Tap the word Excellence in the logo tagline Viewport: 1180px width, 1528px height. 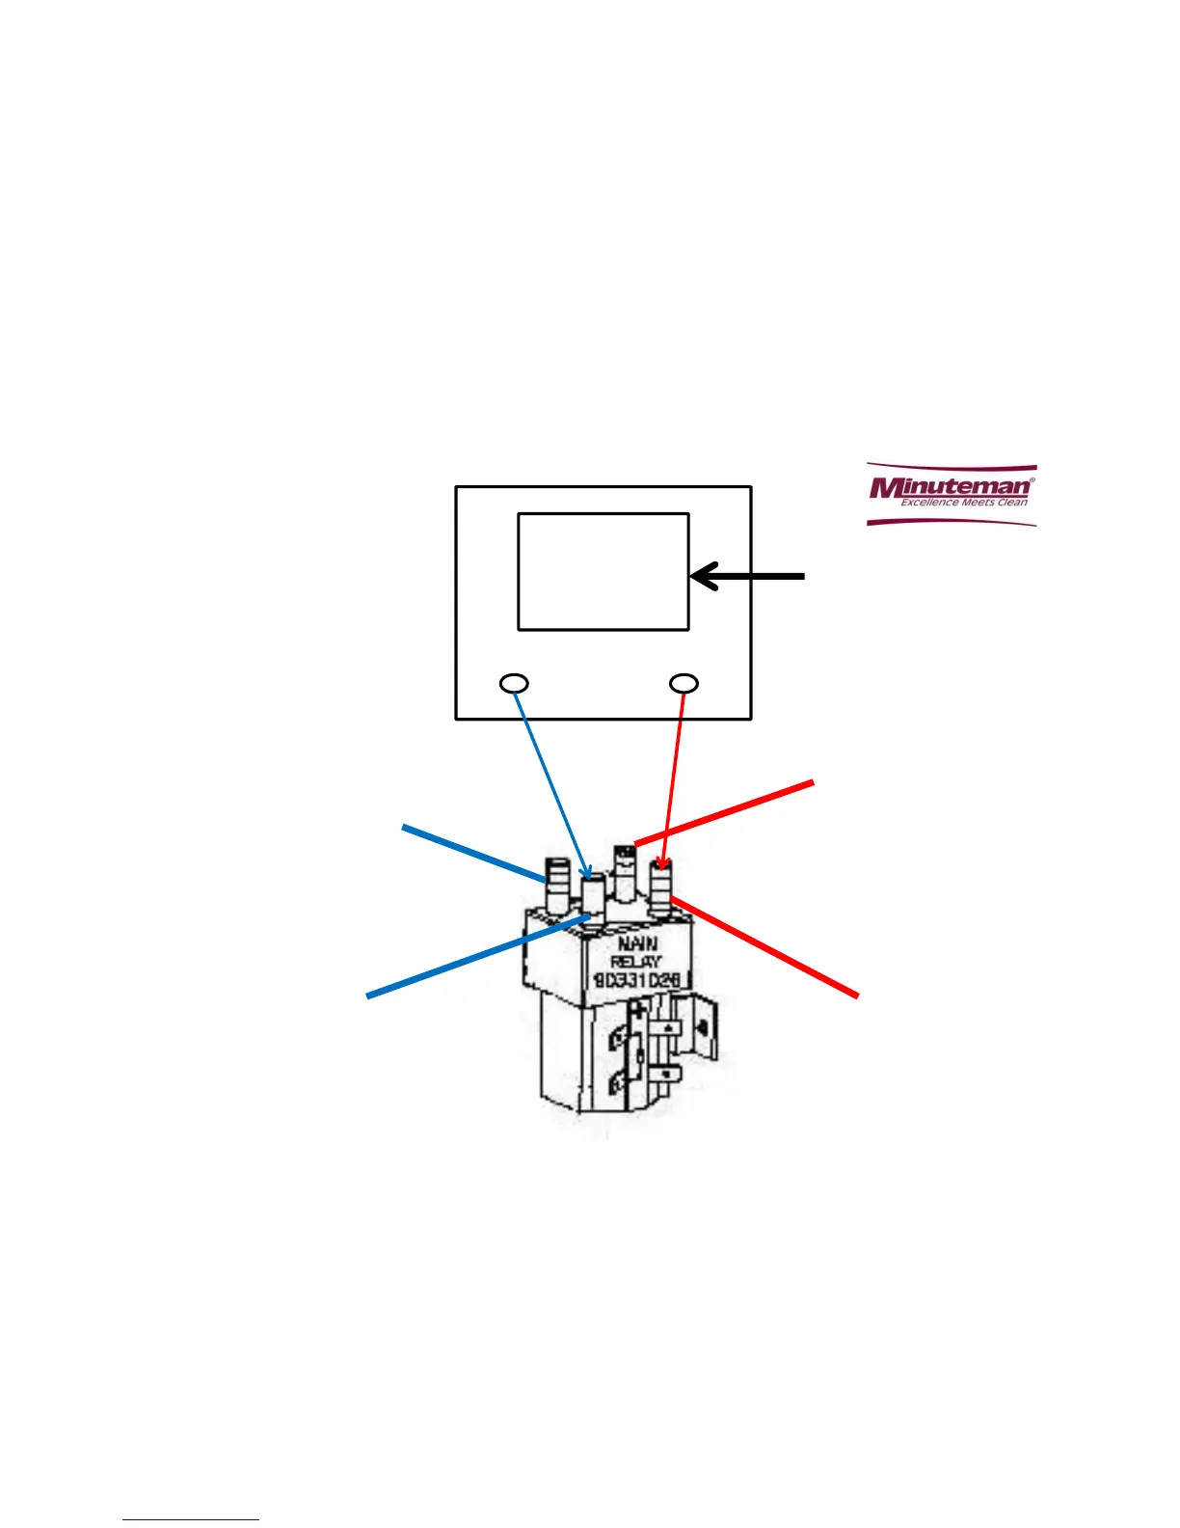tap(928, 502)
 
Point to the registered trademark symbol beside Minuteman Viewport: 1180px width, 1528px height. tap(1032, 477)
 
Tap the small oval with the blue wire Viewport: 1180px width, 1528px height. tap(515, 684)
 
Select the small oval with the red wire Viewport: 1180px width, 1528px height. tap(684, 683)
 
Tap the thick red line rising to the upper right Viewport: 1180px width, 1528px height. tap(723, 813)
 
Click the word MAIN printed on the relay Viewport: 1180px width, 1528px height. tap(637, 943)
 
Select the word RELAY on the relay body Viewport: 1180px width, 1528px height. tap(636, 962)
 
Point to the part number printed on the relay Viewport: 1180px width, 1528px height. tap(637, 980)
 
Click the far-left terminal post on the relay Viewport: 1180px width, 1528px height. tap(557, 885)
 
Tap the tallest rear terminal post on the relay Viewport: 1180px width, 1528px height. tap(625, 874)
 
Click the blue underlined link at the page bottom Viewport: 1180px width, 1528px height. tap(191, 1519)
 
